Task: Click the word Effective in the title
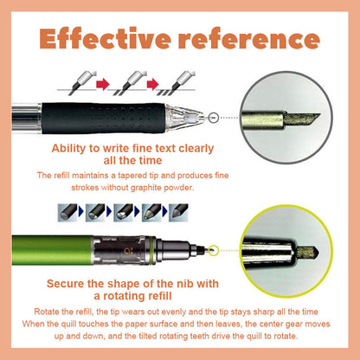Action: pos(105,38)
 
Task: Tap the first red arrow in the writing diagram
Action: pos(103,84)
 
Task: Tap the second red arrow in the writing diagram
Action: pos(152,84)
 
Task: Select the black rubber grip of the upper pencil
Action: pos(104,118)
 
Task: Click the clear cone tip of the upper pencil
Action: pos(184,117)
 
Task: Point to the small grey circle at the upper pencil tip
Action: pos(213,118)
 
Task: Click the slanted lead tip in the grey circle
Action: pos(302,119)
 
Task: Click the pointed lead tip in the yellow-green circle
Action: pos(307,253)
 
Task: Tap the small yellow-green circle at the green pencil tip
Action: pos(213,249)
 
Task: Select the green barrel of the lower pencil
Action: pos(52,250)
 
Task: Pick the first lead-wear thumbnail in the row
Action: pos(67,213)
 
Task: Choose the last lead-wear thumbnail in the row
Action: pos(178,213)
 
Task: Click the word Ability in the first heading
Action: pos(69,149)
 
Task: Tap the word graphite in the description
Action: pos(146,188)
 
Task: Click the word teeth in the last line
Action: pos(200,337)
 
